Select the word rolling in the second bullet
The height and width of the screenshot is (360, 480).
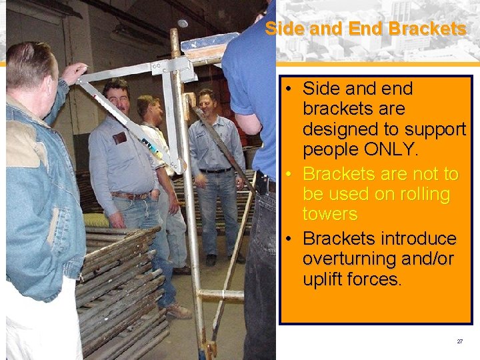[419, 195]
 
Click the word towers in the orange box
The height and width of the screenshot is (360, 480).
[330, 214]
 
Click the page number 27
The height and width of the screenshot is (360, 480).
[459, 341]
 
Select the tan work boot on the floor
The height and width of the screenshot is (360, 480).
[179, 311]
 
